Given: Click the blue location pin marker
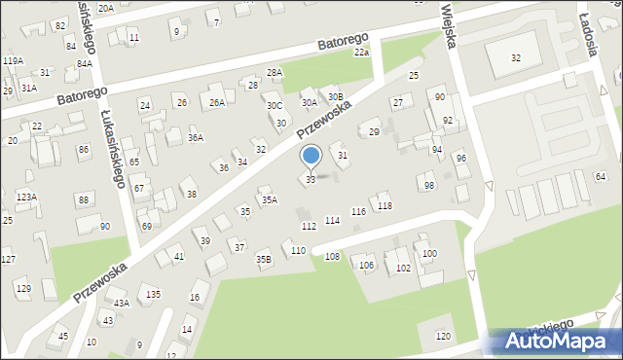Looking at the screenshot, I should [311, 157].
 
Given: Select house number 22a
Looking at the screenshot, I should [361, 53].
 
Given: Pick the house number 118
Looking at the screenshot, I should [385, 206].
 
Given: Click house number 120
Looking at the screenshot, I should [444, 337].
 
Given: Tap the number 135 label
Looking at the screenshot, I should [153, 294].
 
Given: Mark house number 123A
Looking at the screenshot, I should [25, 197].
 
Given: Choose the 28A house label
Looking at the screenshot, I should [275, 73].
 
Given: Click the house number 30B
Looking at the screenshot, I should [335, 96].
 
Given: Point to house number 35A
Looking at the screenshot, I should [269, 200].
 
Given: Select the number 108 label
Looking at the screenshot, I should [332, 257].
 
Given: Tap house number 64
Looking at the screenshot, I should [601, 176].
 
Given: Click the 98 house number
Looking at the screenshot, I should [429, 186].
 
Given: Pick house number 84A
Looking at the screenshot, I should [85, 64].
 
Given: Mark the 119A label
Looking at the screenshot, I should [13, 60].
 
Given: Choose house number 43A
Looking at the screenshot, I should [121, 304].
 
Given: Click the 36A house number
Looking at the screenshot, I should [196, 138].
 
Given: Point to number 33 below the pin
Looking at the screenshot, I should [311, 180].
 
